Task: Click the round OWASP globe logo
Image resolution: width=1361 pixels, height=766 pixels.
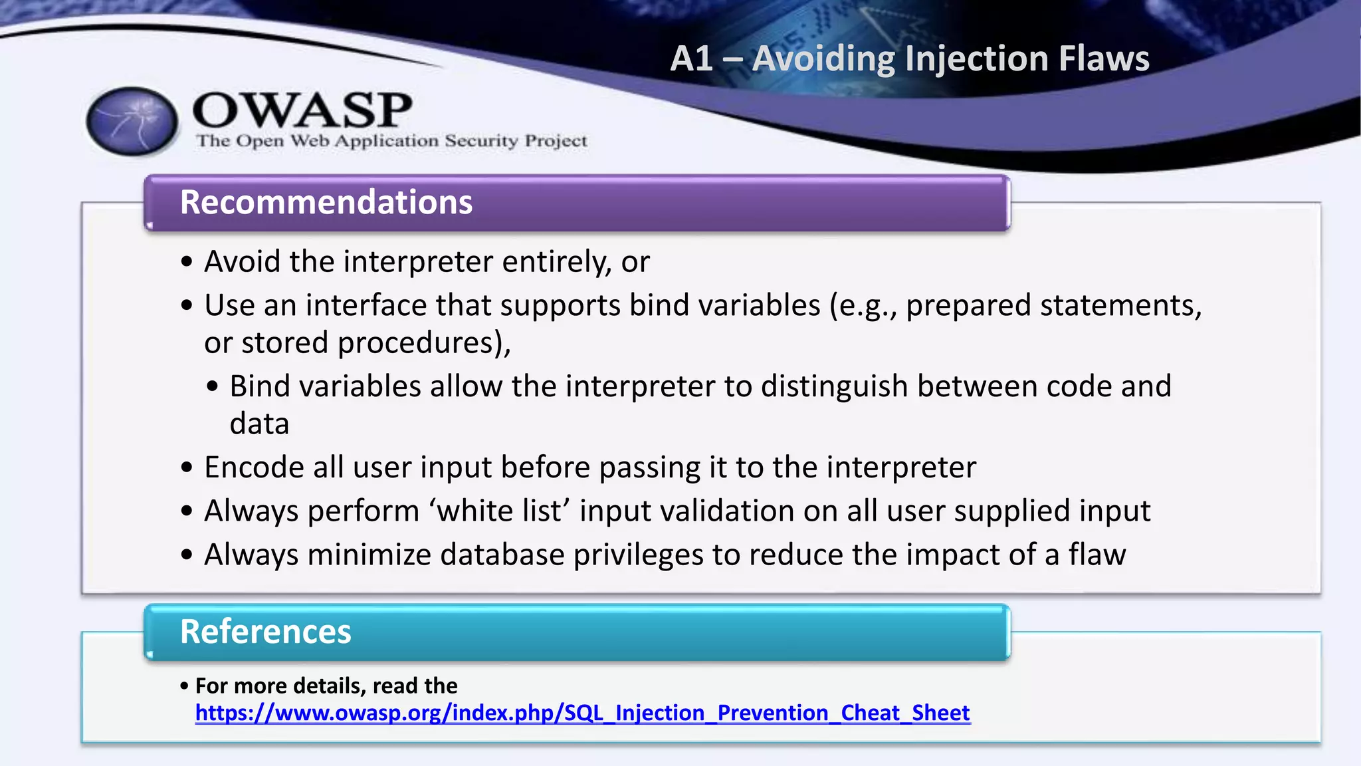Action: pos(132,122)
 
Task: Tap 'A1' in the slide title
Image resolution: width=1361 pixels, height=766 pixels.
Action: pos(691,59)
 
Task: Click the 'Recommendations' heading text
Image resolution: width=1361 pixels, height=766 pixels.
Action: pos(326,202)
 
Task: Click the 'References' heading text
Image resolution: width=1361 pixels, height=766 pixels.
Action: pos(265,632)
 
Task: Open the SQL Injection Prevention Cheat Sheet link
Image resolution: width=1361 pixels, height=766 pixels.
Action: pos(582,713)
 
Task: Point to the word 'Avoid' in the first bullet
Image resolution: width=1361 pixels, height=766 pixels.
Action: pos(242,261)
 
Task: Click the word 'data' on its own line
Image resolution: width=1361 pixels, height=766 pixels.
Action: pos(259,424)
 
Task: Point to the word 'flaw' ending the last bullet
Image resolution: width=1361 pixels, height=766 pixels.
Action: pos(1097,555)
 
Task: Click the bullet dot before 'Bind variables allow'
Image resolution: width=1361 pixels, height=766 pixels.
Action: pos(212,387)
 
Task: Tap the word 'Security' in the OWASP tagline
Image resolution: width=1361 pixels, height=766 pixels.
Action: pos(481,141)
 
